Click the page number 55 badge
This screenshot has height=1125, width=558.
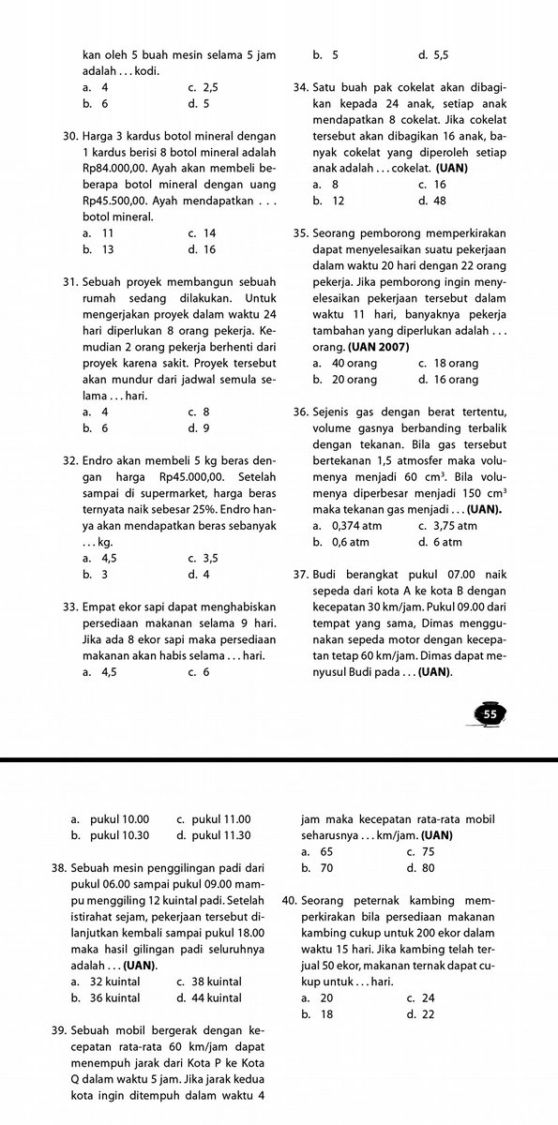pos(490,713)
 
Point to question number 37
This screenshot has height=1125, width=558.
pos(301,573)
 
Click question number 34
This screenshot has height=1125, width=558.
pos(301,88)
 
